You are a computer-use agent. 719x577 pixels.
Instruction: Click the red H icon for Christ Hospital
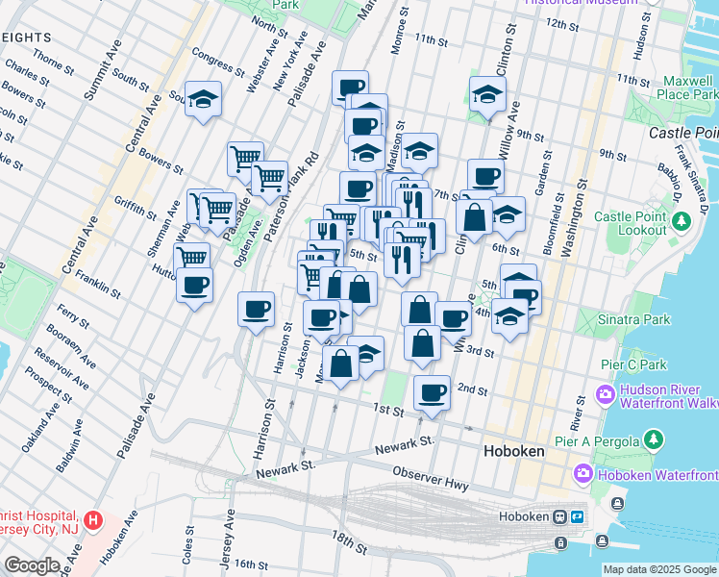click(92, 521)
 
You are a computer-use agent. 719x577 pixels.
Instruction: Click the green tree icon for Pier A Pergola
click(654, 439)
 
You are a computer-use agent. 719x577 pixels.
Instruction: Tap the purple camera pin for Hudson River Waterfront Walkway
click(605, 393)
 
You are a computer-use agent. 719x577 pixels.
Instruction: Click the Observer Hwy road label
click(431, 479)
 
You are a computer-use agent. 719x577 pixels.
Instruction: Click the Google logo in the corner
click(32, 565)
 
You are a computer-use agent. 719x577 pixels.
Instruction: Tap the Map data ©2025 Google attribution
click(659, 569)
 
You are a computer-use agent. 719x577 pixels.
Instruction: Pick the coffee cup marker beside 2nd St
click(432, 392)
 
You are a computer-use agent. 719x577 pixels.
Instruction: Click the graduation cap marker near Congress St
click(203, 100)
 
